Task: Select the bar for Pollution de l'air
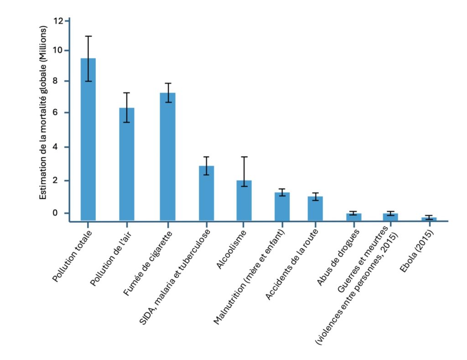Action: tap(127, 164)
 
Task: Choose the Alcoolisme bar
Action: tap(244, 200)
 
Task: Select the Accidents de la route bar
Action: tap(315, 208)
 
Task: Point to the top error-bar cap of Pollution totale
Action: tap(88, 36)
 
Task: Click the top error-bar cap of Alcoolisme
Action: tap(244, 157)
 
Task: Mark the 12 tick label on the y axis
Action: tap(58, 21)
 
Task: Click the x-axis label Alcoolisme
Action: tap(232, 251)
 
